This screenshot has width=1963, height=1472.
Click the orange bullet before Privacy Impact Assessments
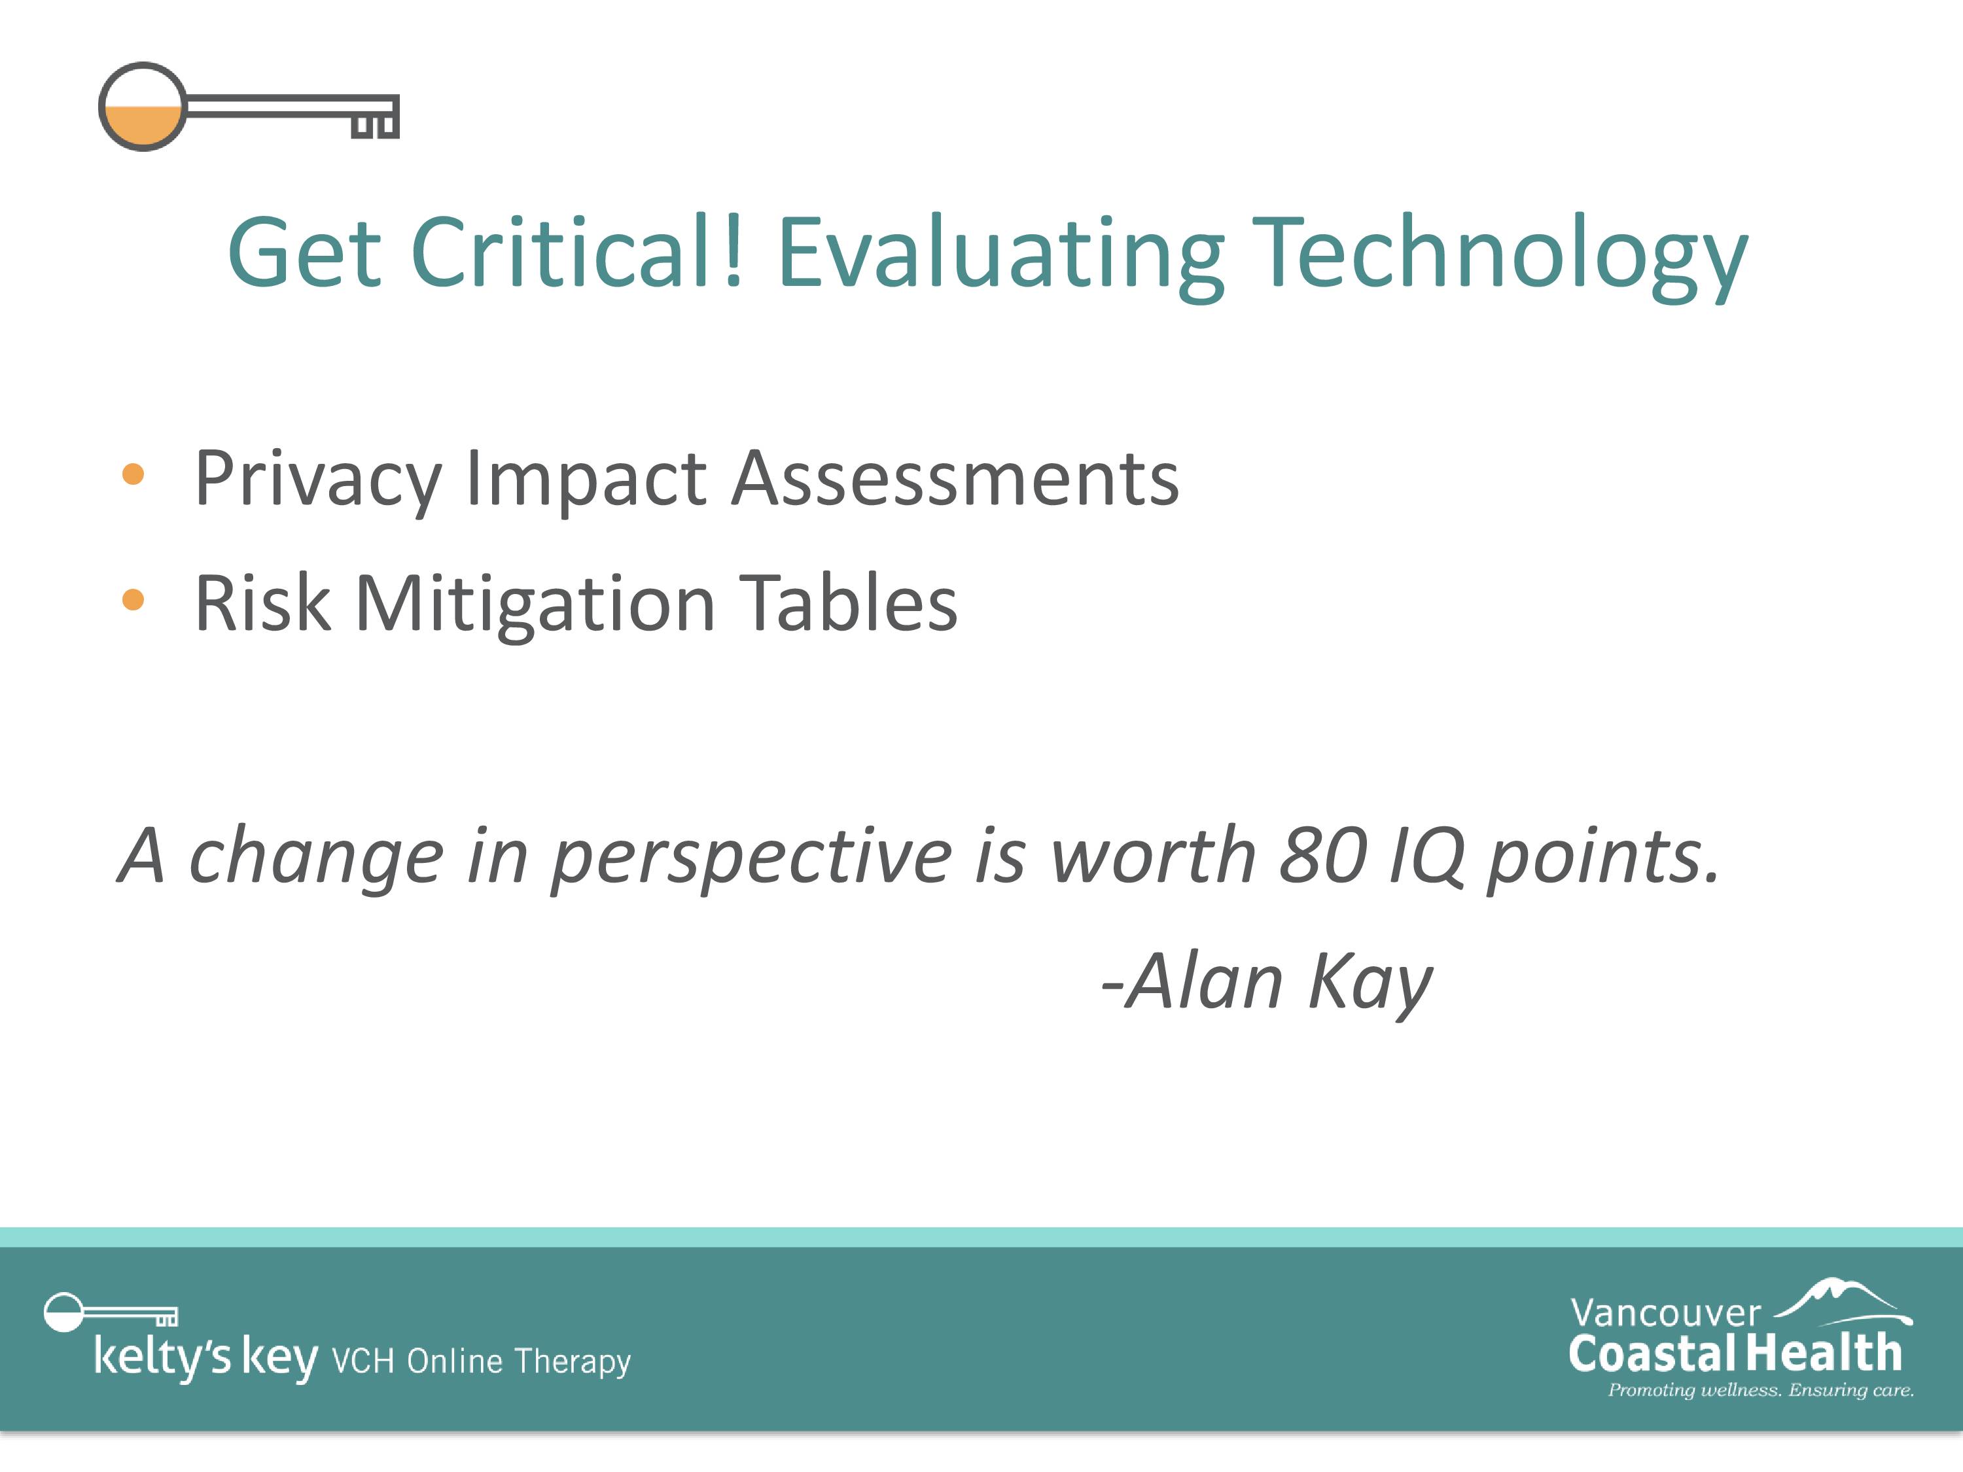pyautogui.click(x=133, y=474)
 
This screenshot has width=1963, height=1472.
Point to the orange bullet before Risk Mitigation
pyautogui.click(x=133, y=600)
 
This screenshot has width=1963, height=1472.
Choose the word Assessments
pyautogui.click(x=956, y=478)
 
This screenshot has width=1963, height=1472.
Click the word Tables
pyautogui.click(x=849, y=603)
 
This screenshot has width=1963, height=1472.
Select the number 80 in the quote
pyautogui.click(x=1322, y=855)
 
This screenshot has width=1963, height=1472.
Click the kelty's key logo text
pyautogui.click(x=205, y=1358)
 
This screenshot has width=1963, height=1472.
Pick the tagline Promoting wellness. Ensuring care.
pyautogui.click(x=1761, y=1390)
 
